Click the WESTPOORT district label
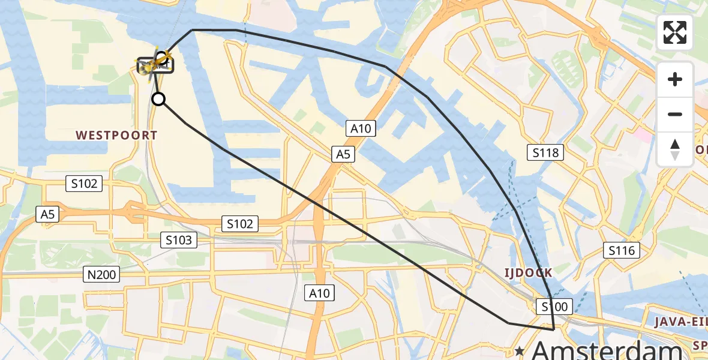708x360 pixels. (x=116, y=136)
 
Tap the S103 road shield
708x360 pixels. (x=179, y=241)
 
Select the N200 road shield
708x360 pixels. (x=102, y=275)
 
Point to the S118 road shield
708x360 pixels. (x=545, y=152)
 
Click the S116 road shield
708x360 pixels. (x=622, y=250)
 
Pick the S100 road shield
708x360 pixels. (x=555, y=307)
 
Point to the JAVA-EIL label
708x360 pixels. (x=680, y=322)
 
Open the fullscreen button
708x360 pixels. (x=675, y=32)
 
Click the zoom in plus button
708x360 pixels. (x=675, y=79)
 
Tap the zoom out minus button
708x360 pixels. (x=675, y=114)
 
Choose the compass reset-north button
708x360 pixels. (x=675, y=149)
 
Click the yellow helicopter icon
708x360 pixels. (x=155, y=64)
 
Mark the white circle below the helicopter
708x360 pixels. (x=158, y=99)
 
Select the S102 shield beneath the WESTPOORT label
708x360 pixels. (x=84, y=184)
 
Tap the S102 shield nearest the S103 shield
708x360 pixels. (x=240, y=224)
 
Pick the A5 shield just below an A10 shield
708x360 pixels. (x=343, y=155)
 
